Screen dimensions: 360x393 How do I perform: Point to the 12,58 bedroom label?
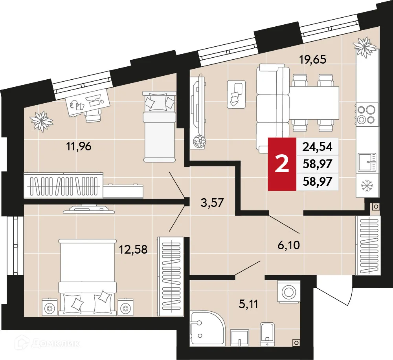[x=134, y=249]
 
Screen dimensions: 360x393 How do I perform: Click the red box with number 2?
[x=281, y=164]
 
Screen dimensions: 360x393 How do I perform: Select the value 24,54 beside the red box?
[x=317, y=147]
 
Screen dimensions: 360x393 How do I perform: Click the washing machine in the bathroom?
[x=289, y=291]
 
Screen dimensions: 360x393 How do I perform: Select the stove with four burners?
[x=367, y=114]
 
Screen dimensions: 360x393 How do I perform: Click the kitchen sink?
[x=367, y=162]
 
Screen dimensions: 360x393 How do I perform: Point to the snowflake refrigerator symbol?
[x=367, y=185]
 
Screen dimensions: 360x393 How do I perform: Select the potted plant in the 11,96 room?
[x=41, y=121]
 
